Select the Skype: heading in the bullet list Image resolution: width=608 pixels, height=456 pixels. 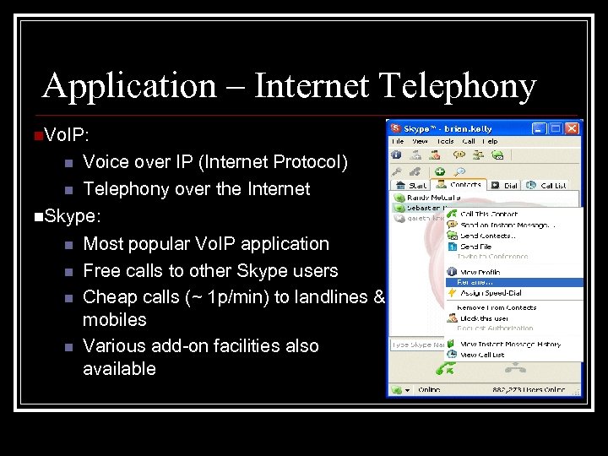[73, 216]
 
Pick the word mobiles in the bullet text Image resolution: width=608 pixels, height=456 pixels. [114, 320]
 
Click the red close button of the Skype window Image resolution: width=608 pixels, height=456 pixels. [573, 128]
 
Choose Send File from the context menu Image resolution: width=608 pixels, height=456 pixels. [478, 247]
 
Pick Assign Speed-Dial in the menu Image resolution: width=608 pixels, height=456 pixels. [492, 293]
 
